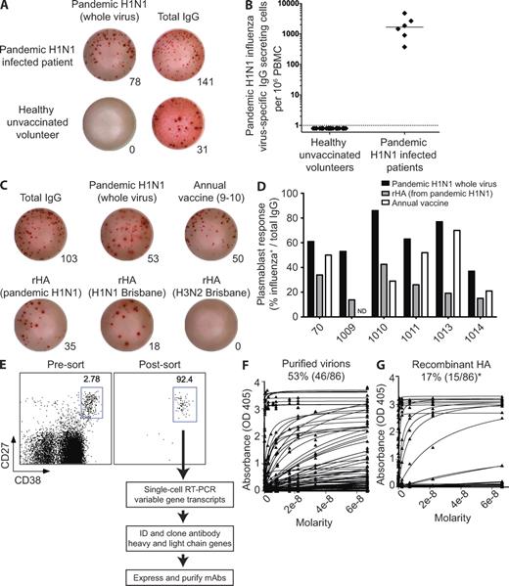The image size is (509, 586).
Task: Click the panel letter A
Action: click(x=8, y=8)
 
